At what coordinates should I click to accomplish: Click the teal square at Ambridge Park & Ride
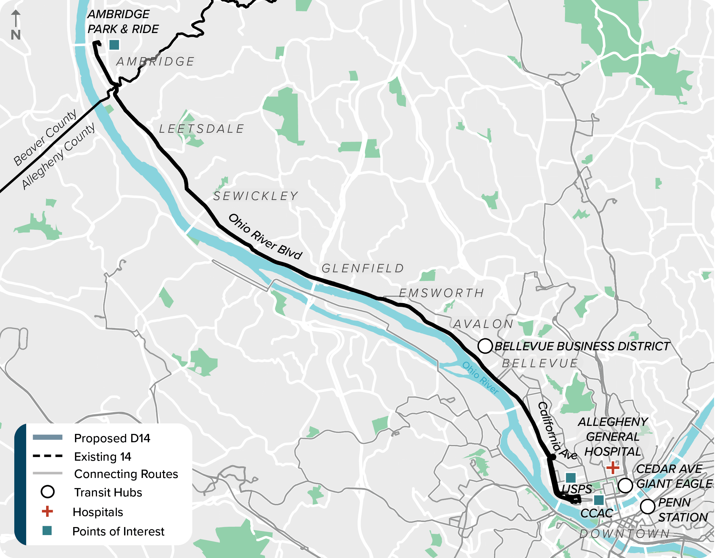[x=114, y=45]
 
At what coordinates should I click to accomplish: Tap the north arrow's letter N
[x=15, y=35]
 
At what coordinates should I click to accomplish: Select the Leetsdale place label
[x=202, y=129]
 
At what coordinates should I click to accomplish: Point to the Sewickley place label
[x=256, y=196]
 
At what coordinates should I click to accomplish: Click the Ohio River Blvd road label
[x=265, y=237]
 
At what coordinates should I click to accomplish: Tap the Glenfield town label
[x=363, y=269]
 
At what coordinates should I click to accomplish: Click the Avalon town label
[x=483, y=324]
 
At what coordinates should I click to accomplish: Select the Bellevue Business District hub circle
[x=485, y=346]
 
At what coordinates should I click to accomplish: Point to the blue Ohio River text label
[x=480, y=378]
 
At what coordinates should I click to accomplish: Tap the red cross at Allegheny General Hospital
[x=613, y=467]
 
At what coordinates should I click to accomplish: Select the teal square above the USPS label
[x=571, y=478]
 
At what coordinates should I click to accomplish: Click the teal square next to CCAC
[x=599, y=500]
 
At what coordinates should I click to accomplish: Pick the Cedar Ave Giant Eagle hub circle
[x=625, y=485]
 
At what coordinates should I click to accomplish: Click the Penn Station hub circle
[x=647, y=507]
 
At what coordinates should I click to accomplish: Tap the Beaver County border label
[x=45, y=138]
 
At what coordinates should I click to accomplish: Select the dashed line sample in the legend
[x=48, y=456]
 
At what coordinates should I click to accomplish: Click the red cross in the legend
[x=47, y=511]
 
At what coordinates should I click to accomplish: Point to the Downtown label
[x=624, y=534]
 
